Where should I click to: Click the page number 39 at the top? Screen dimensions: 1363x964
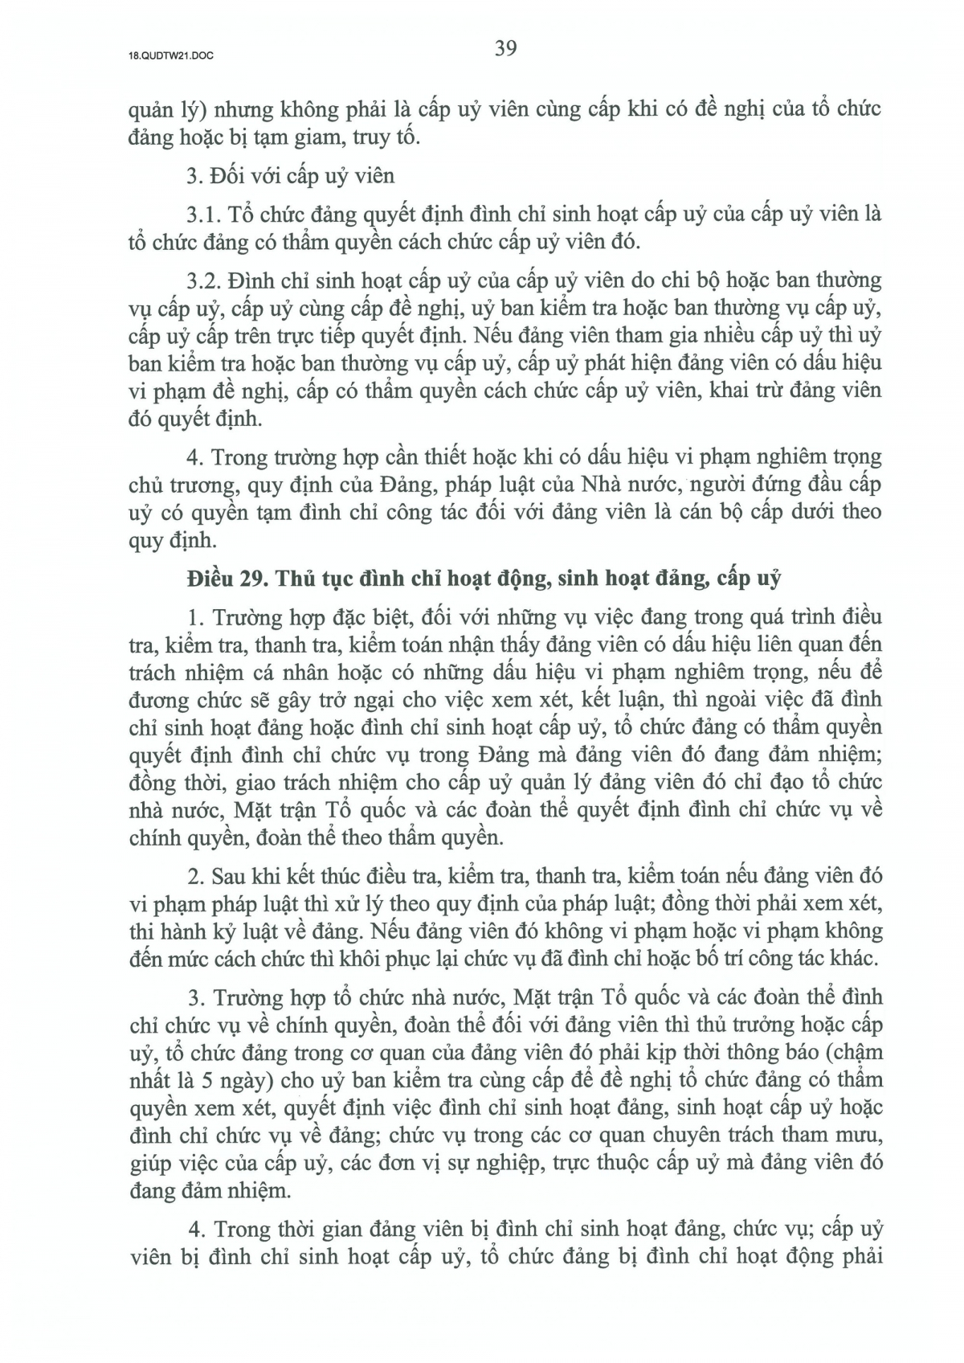(505, 48)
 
